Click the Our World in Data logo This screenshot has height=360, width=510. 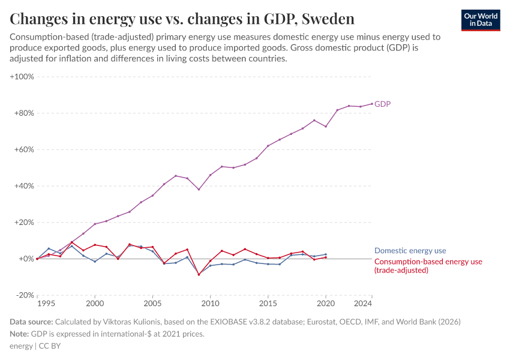tap(481, 20)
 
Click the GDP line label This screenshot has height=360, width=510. tap(382, 104)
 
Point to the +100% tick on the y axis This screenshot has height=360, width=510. tap(22, 77)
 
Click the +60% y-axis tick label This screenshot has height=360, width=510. tap(23, 149)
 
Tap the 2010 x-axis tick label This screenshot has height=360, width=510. tap(210, 304)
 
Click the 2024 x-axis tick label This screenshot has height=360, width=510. tap(363, 304)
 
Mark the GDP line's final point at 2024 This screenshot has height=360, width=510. tap(372, 103)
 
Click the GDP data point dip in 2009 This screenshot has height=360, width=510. tap(199, 190)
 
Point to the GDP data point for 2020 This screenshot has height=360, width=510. tap(326, 126)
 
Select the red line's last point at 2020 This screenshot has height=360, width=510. tap(326, 257)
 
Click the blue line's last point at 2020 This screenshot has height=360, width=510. tap(326, 254)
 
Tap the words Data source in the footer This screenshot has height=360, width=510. tap(31, 322)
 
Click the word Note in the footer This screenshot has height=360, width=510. tap(19, 334)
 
